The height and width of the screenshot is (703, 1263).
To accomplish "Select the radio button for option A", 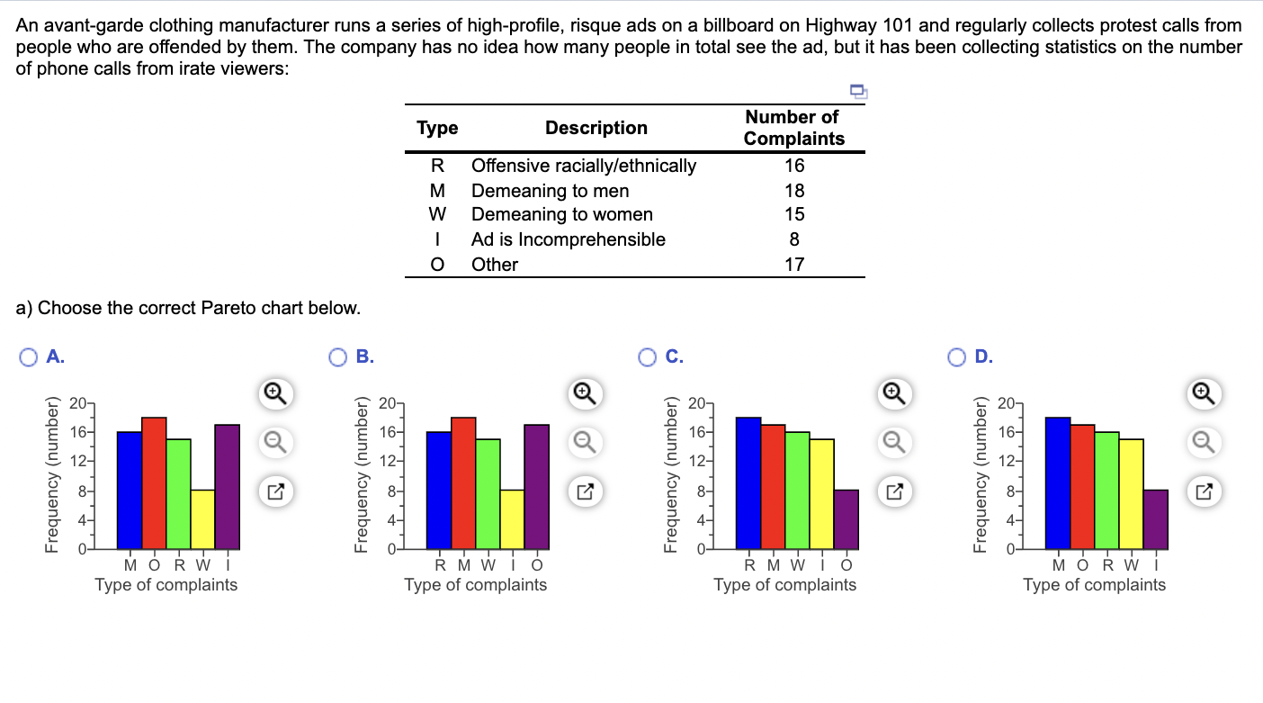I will click(30, 356).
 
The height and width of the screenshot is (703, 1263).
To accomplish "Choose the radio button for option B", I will click(339, 356).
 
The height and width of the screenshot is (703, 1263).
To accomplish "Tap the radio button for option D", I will click(958, 356).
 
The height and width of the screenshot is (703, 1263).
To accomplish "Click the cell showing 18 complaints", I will click(793, 191).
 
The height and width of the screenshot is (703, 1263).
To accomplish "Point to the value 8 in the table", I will click(793, 239).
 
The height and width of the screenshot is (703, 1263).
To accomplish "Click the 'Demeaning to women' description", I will click(562, 214).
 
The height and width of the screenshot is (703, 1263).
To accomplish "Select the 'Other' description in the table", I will click(495, 265).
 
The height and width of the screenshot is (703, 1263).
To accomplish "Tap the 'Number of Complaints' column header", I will click(793, 128).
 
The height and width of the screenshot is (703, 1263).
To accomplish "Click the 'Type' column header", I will click(437, 128).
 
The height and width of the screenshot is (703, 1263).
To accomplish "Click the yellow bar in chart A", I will click(202, 519).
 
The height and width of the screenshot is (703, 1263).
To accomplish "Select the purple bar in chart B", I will click(536, 486).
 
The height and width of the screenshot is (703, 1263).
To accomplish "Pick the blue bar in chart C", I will click(748, 482).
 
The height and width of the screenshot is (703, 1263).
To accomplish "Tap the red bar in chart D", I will click(1082, 486).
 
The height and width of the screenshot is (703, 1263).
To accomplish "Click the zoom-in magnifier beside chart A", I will click(276, 392).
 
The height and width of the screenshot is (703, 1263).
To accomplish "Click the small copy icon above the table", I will click(858, 90).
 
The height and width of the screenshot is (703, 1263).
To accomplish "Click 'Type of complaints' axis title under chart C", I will click(784, 585).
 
